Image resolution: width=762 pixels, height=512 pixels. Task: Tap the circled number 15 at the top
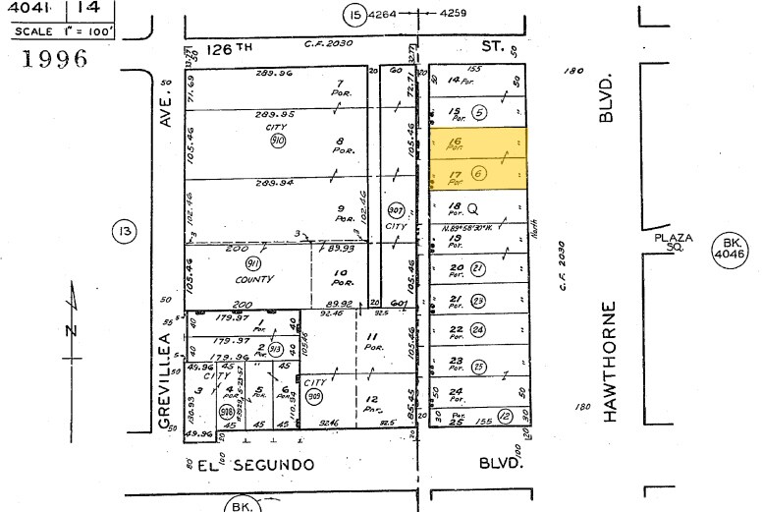(x=354, y=14)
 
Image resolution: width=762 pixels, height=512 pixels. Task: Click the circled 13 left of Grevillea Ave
(x=125, y=231)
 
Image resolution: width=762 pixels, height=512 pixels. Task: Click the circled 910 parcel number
(x=278, y=141)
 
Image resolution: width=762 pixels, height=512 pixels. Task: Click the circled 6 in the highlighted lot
(x=478, y=174)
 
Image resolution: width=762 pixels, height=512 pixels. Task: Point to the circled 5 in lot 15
(x=479, y=112)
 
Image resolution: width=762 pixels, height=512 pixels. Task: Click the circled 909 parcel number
(x=315, y=397)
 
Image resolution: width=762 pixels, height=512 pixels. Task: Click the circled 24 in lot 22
(x=478, y=330)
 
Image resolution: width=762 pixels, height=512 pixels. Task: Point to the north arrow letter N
(x=71, y=330)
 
